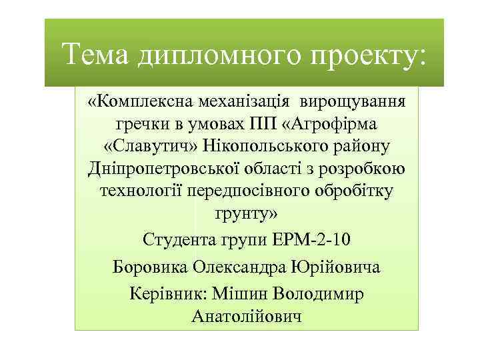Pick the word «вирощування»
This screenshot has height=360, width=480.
[357, 102]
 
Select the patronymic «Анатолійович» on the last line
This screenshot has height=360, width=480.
[247, 316]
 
